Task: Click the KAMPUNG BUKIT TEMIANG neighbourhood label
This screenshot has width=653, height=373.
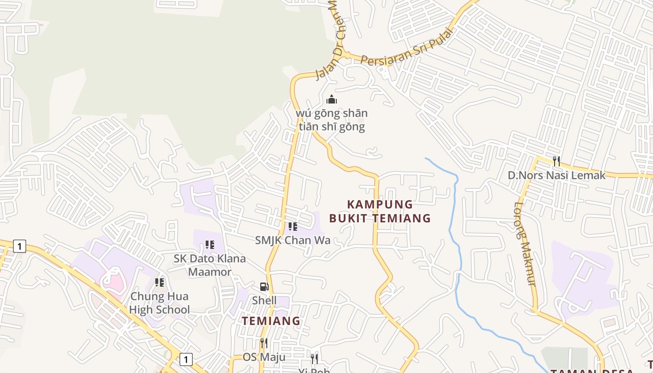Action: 380,211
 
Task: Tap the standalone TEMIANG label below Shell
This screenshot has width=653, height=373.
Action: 271,321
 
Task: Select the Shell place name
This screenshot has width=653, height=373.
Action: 264,300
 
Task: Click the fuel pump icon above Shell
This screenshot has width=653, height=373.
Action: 264,287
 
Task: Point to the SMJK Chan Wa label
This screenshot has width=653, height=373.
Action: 292,240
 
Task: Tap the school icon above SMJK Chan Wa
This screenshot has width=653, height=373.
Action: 292,227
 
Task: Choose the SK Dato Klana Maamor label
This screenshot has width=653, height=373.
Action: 209,265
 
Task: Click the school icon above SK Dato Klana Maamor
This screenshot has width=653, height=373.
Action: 209,245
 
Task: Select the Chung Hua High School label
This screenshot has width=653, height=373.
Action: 159,303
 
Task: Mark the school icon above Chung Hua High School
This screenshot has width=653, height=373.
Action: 160,283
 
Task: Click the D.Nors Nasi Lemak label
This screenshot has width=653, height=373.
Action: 556,175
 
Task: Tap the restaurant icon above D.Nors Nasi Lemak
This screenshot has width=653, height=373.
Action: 556,161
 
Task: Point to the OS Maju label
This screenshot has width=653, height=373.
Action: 264,357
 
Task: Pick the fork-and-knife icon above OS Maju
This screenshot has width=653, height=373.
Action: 264,344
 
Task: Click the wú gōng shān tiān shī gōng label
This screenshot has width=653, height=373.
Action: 332,120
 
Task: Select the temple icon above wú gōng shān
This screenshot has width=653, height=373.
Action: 332,99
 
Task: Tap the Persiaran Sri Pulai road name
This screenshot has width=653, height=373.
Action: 407,48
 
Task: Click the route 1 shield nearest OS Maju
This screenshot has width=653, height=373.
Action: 186,359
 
